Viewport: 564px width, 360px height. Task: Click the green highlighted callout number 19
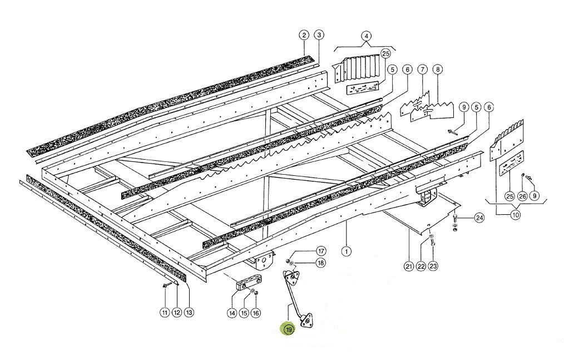(x=289, y=329)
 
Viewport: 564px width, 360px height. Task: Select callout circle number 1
(x=347, y=251)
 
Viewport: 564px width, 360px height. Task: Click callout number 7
(x=422, y=70)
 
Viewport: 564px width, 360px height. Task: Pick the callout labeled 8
(x=438, y=70)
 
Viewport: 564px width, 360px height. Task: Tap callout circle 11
(x=165, y=313)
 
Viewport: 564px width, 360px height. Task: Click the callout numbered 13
(x=189, y=313)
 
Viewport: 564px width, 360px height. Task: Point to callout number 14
(x=232, y=313)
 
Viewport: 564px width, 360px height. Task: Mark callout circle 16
(x=255, y=313)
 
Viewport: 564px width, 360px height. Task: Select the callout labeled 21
(x=409, y=267)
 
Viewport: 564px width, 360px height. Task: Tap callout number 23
(x=433, y=267)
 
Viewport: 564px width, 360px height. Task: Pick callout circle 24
(x=479, y=218)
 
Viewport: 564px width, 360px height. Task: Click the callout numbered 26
(x=522, y=196)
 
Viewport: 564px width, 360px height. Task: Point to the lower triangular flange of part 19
(x=304, y=320)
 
